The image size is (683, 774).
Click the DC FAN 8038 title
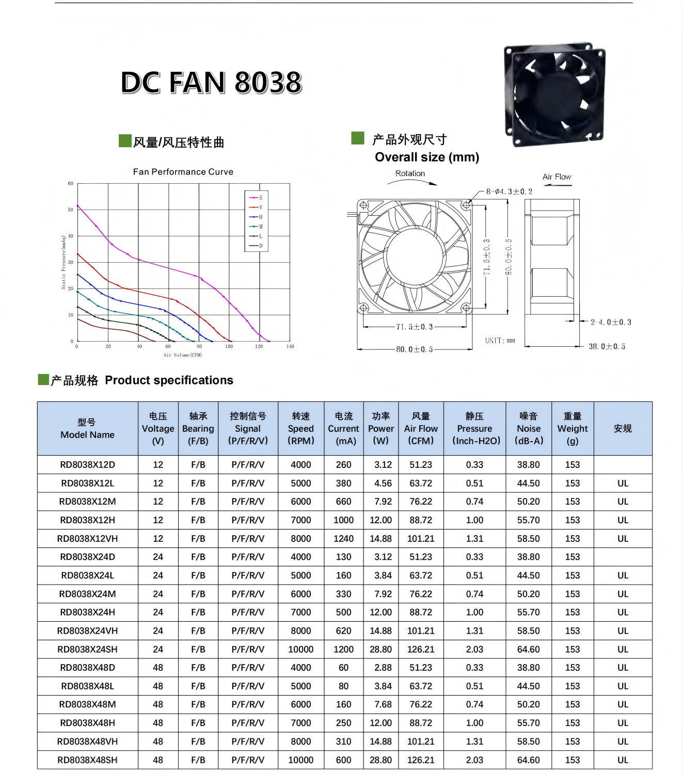tap(211, 82)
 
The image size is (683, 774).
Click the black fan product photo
tap(554, 93)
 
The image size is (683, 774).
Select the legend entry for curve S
tap(256, 198)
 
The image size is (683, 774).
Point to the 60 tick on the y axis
tap(71, 183)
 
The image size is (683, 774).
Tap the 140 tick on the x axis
tap(290, 347)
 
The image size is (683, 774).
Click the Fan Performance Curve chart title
tap(183, 172)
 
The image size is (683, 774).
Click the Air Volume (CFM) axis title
tap(183, 355)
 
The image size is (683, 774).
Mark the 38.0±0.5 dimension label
tap(607, 347)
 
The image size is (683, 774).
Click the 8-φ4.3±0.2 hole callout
tap(509, 191)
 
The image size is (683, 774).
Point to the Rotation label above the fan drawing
tap(410, 173)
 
